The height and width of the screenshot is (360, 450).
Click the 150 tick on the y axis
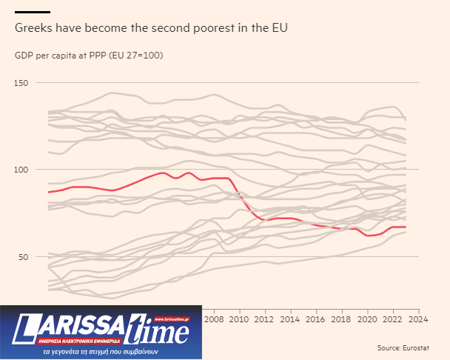pos(21,83)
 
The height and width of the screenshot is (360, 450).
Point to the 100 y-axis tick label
pos(21,170)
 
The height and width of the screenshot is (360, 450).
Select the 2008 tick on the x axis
pos(214,319)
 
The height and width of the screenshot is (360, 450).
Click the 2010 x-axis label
pos(239,319)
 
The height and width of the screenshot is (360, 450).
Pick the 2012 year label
pos(265,319)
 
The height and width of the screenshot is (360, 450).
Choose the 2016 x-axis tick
pos(316,319)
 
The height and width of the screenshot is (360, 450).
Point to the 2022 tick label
pos(393,319)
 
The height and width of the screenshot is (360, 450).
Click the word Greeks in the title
pos(33,28)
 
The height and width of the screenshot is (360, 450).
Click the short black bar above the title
pos(33,11)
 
